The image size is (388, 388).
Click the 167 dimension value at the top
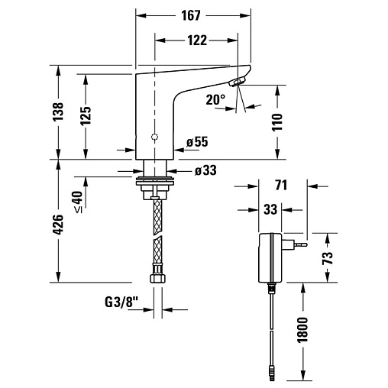pyautogui.click(x=191, y=15)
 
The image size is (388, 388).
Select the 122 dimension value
pyautogui.click(x=197, y=40)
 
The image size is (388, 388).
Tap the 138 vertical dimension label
pyautogui.click(x=58, y=112)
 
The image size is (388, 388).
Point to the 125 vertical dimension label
pyautogui.click(x=86, y=116)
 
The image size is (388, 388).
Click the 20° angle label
pyautogui.click(x=215, y=99)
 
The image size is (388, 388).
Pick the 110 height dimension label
pyautogui.click(x=277, y=122)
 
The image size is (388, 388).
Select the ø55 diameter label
pyautogui.click(x=197, y=141)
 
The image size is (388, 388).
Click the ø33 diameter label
pyautogui.click(x=205, y=170)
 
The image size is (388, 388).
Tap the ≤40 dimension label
pyautogui.click(x=79, y=202)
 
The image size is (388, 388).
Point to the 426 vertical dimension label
pyautogui.click(x=58, y=225)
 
